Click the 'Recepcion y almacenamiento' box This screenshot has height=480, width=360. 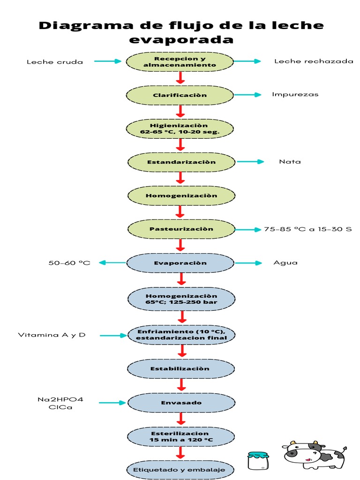[180, 61]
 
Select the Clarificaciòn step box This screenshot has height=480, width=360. [180, 95]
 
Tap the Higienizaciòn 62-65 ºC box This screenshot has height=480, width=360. [180, 129]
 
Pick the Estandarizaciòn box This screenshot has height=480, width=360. [181, 162]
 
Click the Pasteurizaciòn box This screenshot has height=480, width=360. [181, 229]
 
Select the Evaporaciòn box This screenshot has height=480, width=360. [180, 263]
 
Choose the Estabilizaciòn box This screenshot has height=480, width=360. [180, 369]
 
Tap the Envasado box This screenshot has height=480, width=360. [181, 403]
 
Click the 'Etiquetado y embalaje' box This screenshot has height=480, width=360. [179, 469]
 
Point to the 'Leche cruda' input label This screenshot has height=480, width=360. [55, 62]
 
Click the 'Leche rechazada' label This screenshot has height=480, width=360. [314, 61]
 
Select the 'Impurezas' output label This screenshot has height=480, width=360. [295, 94]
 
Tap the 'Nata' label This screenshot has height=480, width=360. [290, 162]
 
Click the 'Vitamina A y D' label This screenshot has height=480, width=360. [52, 335]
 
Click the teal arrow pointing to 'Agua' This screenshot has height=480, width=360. [248, 263]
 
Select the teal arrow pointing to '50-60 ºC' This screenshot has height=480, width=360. [112, 263]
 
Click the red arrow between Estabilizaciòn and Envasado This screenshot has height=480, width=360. [180, 385]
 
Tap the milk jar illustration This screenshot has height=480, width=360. [258, 461]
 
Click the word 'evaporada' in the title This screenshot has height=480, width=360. [181, 39]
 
